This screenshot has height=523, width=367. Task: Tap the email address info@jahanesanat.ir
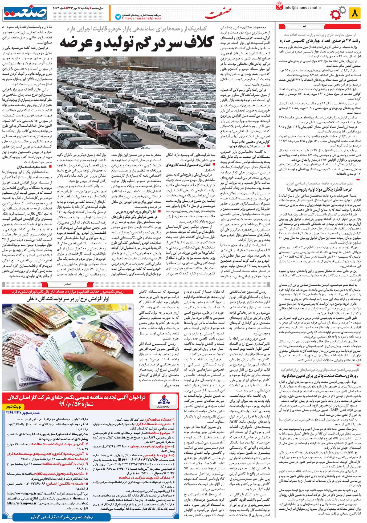tap(303, 7)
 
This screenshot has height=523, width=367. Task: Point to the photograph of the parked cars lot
tap(136, 103)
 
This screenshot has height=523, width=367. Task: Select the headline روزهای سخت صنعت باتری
tap(319, 375)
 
